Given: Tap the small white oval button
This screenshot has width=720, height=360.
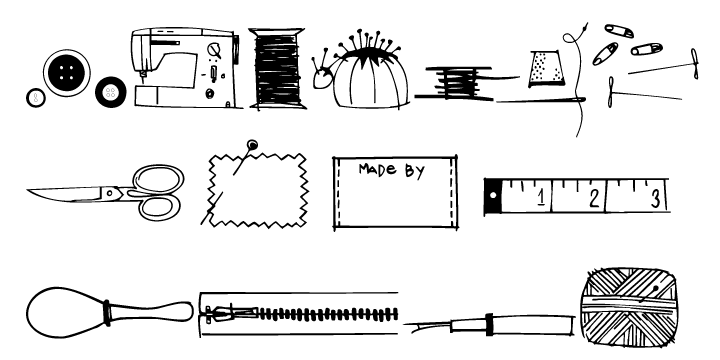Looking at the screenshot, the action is (x=36, y=98).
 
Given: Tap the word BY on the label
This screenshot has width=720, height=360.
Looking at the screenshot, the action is (x=414, y=171).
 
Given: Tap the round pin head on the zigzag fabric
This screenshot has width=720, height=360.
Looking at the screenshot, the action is (x=252, y=147).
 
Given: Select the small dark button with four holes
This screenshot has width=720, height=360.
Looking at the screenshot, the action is (x=108, y=94).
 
